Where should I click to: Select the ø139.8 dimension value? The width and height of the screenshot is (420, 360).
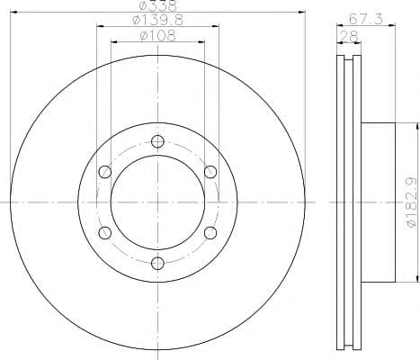(156, 21)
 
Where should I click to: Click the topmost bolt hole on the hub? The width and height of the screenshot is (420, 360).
(157, 140)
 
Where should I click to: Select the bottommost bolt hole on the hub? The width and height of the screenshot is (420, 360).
(157, 263)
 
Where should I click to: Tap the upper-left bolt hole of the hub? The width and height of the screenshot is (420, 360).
(104, 171)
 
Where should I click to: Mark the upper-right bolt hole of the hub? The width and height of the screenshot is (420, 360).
(210, 171)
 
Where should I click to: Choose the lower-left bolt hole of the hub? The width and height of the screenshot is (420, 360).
(104, 232)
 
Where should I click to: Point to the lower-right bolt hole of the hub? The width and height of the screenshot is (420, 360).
(210, 232)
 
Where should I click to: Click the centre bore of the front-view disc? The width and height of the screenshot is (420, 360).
(157, 202)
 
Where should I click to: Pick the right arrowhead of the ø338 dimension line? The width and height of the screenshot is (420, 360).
(301, 13)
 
